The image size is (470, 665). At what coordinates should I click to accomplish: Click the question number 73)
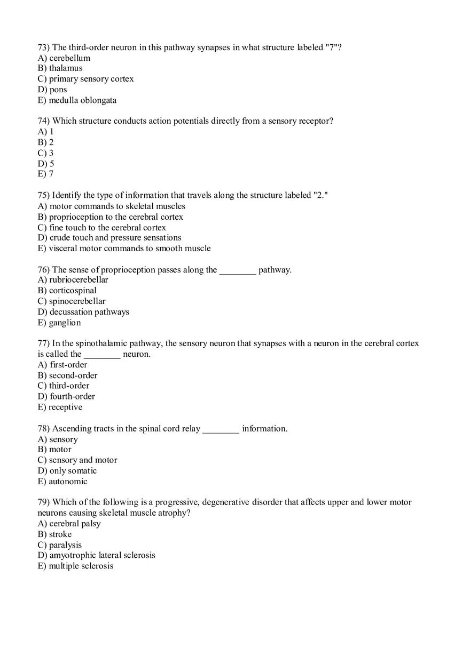coord(43,47)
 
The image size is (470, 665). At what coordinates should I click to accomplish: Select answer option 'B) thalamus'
coord(60,68)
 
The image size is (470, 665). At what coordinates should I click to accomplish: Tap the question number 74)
coord(43,121)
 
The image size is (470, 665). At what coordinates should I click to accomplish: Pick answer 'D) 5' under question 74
coord(46,164)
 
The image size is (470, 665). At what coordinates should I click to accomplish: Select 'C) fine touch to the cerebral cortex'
coord(101,228)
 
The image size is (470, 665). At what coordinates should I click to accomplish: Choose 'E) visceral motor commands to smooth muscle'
coord(124,249)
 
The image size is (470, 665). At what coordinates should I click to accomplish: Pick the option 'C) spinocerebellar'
coord(72,301)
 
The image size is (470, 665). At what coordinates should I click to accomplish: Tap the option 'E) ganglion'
coord(59,323)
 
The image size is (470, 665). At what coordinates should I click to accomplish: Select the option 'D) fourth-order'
coord(66,396)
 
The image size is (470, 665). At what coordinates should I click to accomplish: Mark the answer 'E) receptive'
coord(60,407)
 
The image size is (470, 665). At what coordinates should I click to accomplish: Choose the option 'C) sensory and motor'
coord(77,460)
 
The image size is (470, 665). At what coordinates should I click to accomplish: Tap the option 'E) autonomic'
coord(62,482)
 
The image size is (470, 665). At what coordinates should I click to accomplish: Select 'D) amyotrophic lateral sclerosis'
coord(96,555)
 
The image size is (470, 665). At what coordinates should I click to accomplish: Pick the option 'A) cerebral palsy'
coord(69,524)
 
